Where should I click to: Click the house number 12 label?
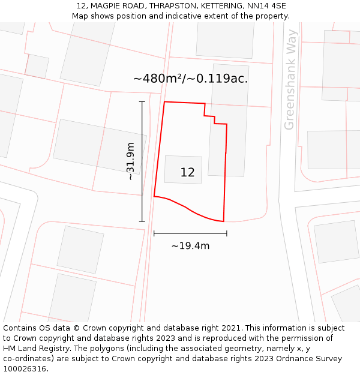coord(187,173)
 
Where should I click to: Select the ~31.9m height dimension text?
coord(130,161)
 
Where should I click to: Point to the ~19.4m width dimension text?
coord(190,246)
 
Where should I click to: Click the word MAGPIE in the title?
coord(106,6)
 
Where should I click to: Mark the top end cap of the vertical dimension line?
coord(142,102)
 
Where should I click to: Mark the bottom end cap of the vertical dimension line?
coord(142,221)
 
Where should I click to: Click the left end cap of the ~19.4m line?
coord(154,233)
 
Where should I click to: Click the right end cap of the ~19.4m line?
coord(226,233)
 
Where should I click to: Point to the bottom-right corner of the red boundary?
coord(224,221)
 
